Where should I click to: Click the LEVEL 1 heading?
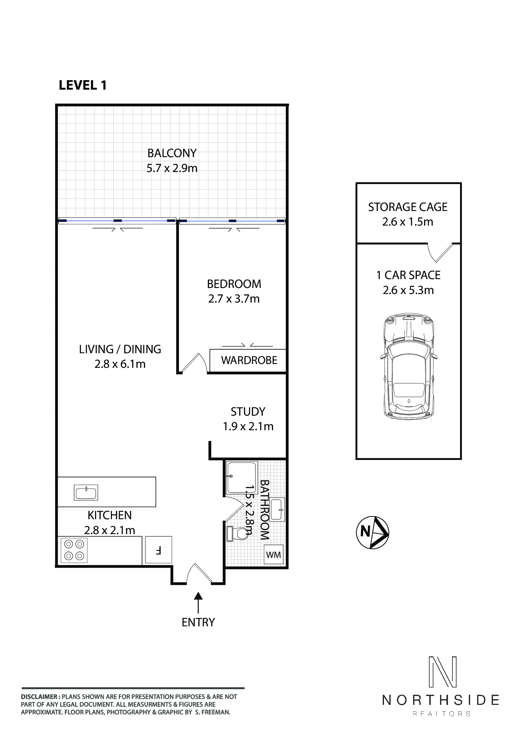[x=83, y=85]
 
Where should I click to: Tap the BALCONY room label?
[x=172, y=153]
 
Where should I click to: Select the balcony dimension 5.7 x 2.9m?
[x=172, y=168]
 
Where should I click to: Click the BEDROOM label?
[x=234, y=284]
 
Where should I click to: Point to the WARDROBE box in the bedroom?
[x=248, y=360]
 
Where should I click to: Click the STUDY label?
[x=248, y=412]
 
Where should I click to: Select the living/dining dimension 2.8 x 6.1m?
[x=120, y=364]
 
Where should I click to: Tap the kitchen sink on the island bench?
[x=86, y=493]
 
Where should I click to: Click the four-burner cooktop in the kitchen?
[x=74, y=550]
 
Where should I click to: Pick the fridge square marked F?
[x=158, y=550]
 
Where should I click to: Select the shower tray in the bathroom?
[x=242, y=478]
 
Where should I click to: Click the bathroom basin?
[x=277, y=510]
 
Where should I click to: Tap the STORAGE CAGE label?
[x=408, y=207]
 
